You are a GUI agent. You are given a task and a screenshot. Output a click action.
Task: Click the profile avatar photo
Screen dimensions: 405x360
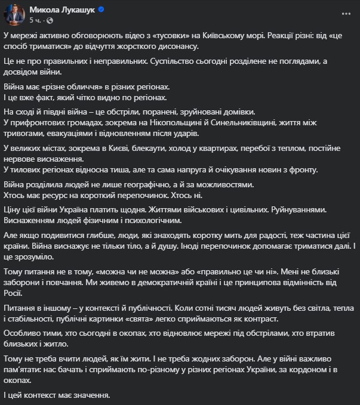coord(15,15)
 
